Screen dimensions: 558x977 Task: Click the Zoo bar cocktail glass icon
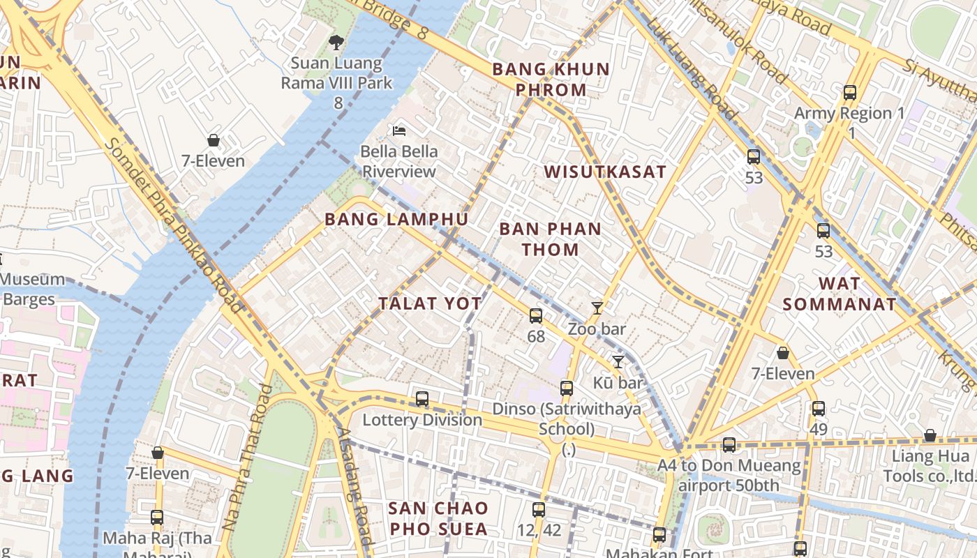597,308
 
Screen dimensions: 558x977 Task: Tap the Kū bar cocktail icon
618,361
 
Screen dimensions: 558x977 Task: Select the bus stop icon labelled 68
536,315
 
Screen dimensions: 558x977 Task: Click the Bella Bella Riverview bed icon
399,130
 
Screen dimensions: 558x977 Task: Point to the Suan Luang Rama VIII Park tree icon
336,43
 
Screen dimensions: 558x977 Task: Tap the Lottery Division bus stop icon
422,399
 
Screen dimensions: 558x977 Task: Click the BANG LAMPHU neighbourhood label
396,219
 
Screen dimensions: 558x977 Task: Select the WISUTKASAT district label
605,172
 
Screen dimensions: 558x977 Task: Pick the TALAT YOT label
430,303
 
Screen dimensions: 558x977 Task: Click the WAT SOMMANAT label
840,294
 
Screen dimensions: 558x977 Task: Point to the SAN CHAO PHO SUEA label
439,518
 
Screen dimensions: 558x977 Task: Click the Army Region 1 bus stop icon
850,92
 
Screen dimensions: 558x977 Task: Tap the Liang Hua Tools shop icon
930,436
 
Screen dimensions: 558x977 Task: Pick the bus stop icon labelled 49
819,408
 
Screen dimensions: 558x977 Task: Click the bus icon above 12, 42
538,510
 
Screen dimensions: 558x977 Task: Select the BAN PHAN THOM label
551,239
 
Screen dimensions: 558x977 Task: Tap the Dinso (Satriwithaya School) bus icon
567,388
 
